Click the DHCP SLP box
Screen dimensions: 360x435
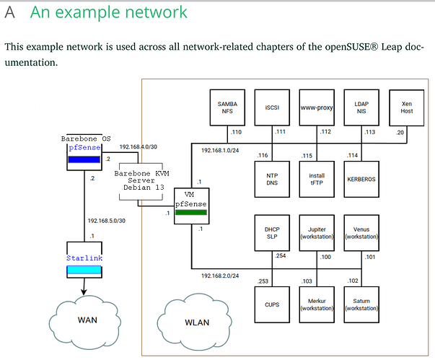coord(273,233)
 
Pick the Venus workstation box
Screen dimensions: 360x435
coord(361,233)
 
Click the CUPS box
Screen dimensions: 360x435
coord(273,304)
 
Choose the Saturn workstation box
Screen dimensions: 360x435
coord(361,304)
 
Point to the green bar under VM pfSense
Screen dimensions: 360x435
coord(191,212)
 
